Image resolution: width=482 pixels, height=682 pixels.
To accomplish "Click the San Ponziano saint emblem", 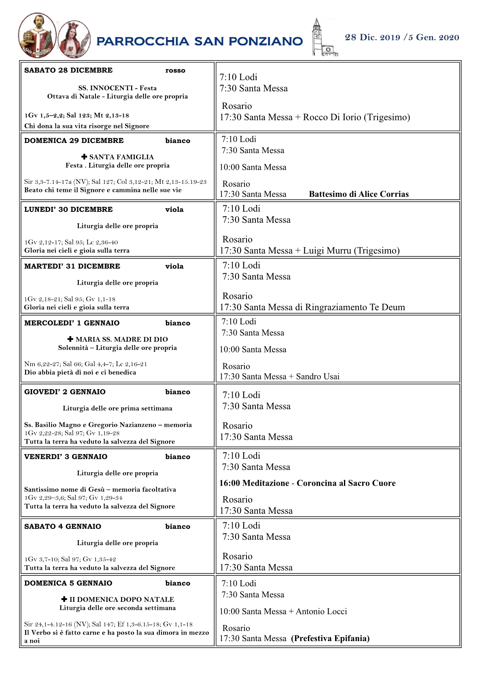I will [37, 36].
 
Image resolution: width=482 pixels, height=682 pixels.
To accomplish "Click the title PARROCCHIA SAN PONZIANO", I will [200, 41].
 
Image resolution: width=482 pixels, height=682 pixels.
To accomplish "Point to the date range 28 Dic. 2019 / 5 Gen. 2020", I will [401, 38].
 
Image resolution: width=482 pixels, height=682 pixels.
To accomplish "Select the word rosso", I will [175, 70].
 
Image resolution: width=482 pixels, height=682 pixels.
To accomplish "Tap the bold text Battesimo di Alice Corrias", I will [359, 194].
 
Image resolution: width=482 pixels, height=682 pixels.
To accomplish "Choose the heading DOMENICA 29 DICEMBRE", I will [74, 141].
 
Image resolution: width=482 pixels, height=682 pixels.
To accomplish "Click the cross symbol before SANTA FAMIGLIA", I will [84, 157].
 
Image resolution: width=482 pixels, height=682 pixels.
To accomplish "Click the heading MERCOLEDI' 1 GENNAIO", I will [72, 323].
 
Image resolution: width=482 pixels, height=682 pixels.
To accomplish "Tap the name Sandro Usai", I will [318, 377].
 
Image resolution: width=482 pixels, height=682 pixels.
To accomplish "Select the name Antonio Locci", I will [321, 612].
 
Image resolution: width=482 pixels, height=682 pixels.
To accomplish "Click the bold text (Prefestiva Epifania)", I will [330, 639].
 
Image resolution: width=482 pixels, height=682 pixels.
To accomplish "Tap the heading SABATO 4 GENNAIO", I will [62, 526].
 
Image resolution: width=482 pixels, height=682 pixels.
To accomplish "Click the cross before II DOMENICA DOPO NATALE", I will [64, 599].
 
